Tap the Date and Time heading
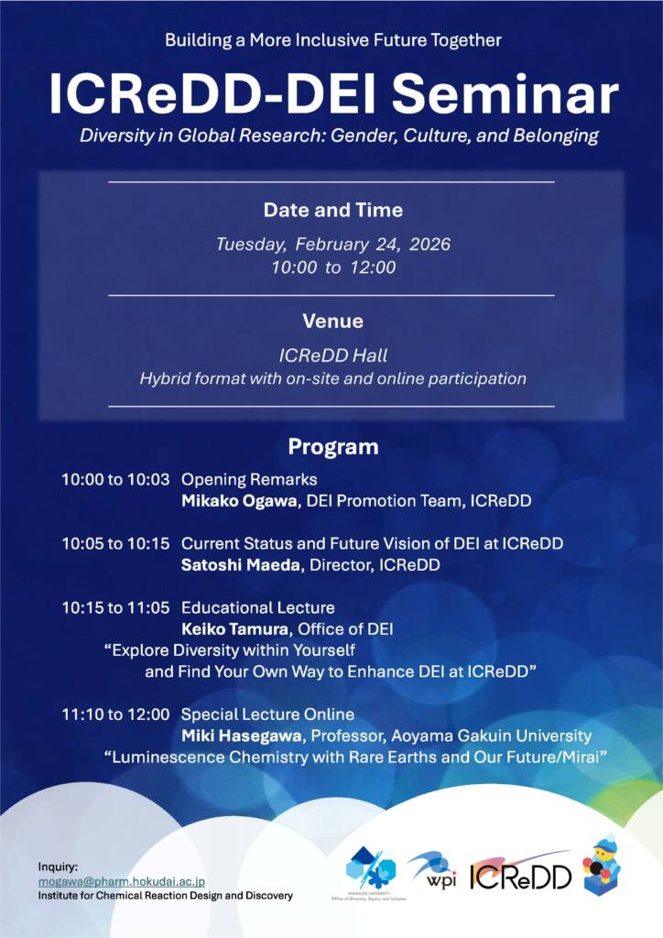(x=332, y=210)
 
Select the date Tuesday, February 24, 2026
(x=332, y=245)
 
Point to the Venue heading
(x=332, y=322)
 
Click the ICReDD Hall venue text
(x=332, y=355)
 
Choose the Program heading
(x=332, y=447)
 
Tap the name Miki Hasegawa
(x=242, y=736)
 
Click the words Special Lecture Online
(x=267, y=714)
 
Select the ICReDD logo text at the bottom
(x=520, y=877)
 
